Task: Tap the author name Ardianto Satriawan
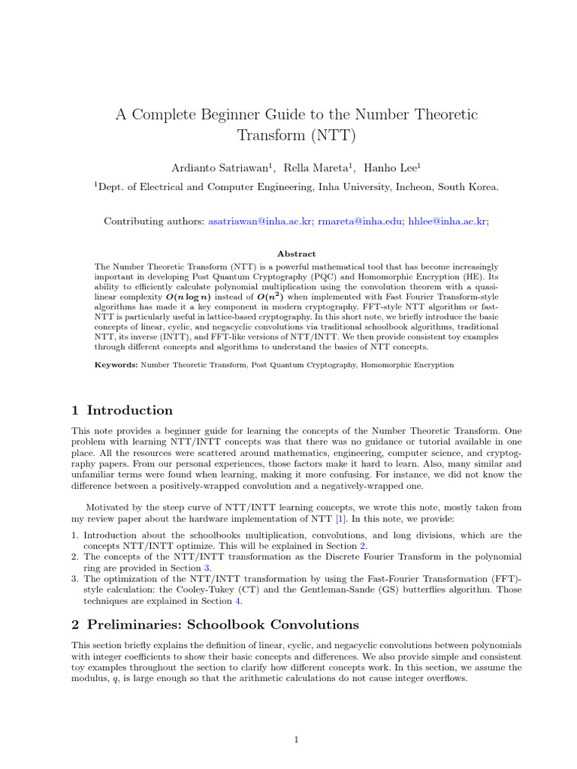point(224,167)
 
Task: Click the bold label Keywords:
point(116,364)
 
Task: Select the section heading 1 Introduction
point(122,410)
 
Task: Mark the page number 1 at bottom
point(297,740)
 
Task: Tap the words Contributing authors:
point(154,222)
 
